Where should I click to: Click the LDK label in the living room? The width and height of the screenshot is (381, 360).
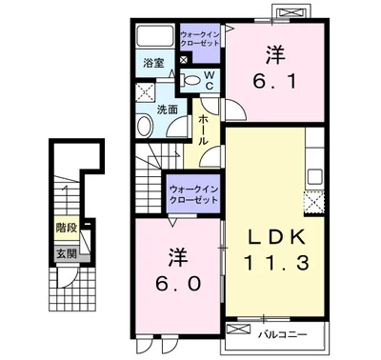click(276, 236)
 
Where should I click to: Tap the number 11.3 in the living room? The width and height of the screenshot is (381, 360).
click(276, 262)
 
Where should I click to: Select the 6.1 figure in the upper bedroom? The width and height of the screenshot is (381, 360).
click(275, 80)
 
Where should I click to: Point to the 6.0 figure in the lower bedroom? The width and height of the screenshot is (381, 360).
click(178, 283)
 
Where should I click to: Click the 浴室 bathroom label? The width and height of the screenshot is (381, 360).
click(153, 63)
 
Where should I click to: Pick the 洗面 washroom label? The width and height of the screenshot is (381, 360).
click(168, 110)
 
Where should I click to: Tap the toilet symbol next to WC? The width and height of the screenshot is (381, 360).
click(190, 80)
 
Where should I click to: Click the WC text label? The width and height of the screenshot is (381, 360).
click(209, 80)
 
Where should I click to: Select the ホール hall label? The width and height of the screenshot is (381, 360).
click(203, 130)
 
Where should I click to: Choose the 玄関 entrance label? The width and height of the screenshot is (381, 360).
click(67, 253)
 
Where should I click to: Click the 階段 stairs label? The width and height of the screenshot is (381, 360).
click(67, 228)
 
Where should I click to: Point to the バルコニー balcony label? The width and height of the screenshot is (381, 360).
click(282, 334)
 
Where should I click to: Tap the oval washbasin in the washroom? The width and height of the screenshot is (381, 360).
click(144, 126)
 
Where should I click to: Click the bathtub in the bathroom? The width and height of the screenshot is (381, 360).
click(155, 36)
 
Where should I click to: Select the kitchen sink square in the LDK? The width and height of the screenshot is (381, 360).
click(315, 177)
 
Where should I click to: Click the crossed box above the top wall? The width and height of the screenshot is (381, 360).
click(291, 13)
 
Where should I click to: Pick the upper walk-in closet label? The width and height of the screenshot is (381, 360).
click(200, 39)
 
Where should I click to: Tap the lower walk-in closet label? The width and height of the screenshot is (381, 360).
click(194, 195)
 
